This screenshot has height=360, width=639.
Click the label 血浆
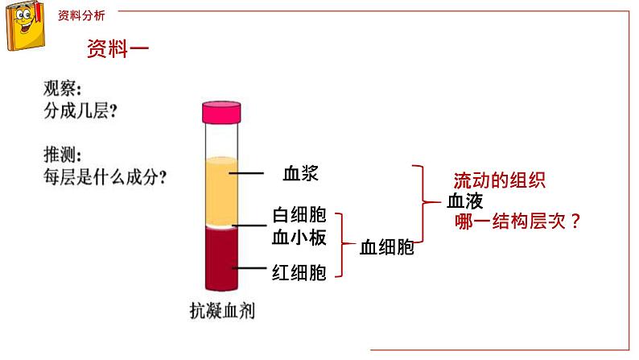[x=303, y=173]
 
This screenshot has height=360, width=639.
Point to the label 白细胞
[x=299, y=215]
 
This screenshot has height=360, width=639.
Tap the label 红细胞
[x=299, y=273]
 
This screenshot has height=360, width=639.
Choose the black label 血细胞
[x=386, y=247]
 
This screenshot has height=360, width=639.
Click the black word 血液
[x=466, y=201]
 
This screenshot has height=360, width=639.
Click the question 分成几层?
[x=80, y=113]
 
